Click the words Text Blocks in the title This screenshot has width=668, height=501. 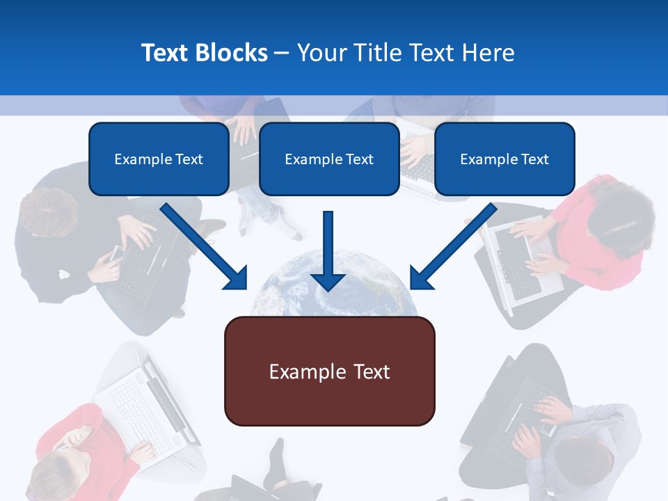(204, 53)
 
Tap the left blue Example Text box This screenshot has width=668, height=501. (159, 159)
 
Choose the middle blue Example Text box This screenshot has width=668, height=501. (329, 159)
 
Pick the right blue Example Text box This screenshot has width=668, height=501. (504, 159)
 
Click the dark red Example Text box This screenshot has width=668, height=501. (329, 372)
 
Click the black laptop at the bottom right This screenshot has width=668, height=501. (501, 411)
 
